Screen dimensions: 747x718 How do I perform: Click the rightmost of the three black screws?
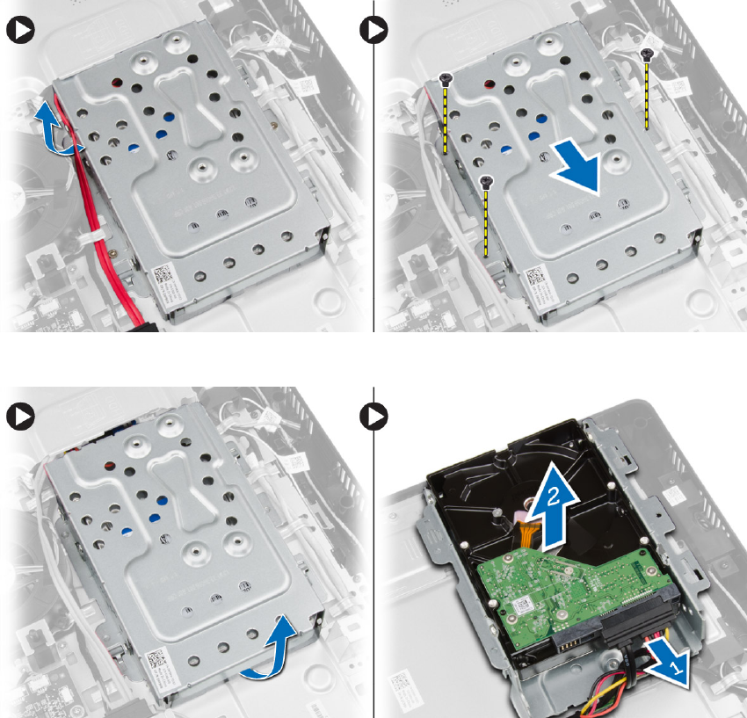pyautogui.click(x=648, y=54)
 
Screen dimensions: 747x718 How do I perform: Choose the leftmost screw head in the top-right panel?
pyautogui.click(x=446, y=78)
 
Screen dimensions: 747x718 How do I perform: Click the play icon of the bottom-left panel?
pyautogui.click(x=18, y=415)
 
